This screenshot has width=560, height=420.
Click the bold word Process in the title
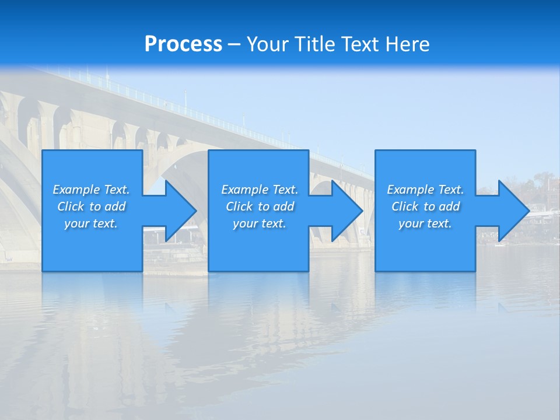(x=183, y=44)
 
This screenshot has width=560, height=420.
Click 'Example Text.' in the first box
(x=91, y=190)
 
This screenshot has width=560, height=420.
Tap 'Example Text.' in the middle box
(x=260, y=190)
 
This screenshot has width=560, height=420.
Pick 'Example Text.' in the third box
(x=425, y=190)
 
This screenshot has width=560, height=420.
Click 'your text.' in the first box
(x=91, y=223)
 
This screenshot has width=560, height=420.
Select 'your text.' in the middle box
(x=260, y=223)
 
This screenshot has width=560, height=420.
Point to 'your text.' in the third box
(x=425, y=223)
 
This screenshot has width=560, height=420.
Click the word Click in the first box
(x=71, y=206)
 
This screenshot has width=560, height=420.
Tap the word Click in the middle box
(x=239, y=206)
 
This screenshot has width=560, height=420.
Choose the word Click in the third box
(x=405, y=206)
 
